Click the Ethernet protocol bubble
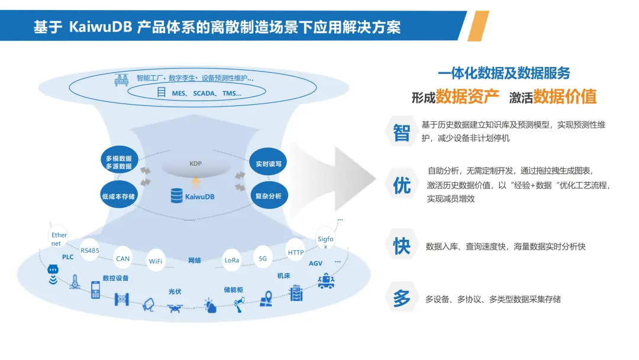(x=59, y=239)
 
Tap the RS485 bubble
(x=90, y=250)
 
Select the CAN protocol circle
(x=122, y=259)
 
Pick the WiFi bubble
(x=156, y=261)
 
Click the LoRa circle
(x=232, y=260)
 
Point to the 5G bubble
(x=263, y=258)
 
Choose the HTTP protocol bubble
(x=296, y=253)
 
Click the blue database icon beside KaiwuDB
(x=176, y=195)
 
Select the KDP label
(x=196, y=163)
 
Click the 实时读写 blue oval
(x=268, y=163)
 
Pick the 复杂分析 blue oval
(x=268, y=195)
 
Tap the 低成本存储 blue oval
(x=119, y=196)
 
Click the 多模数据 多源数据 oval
(x=119, y=162)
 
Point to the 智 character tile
(x=402, y=133)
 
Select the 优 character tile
(x=402, y=185)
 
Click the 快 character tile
(x=402, y=245)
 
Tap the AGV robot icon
(x=325, y=281)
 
